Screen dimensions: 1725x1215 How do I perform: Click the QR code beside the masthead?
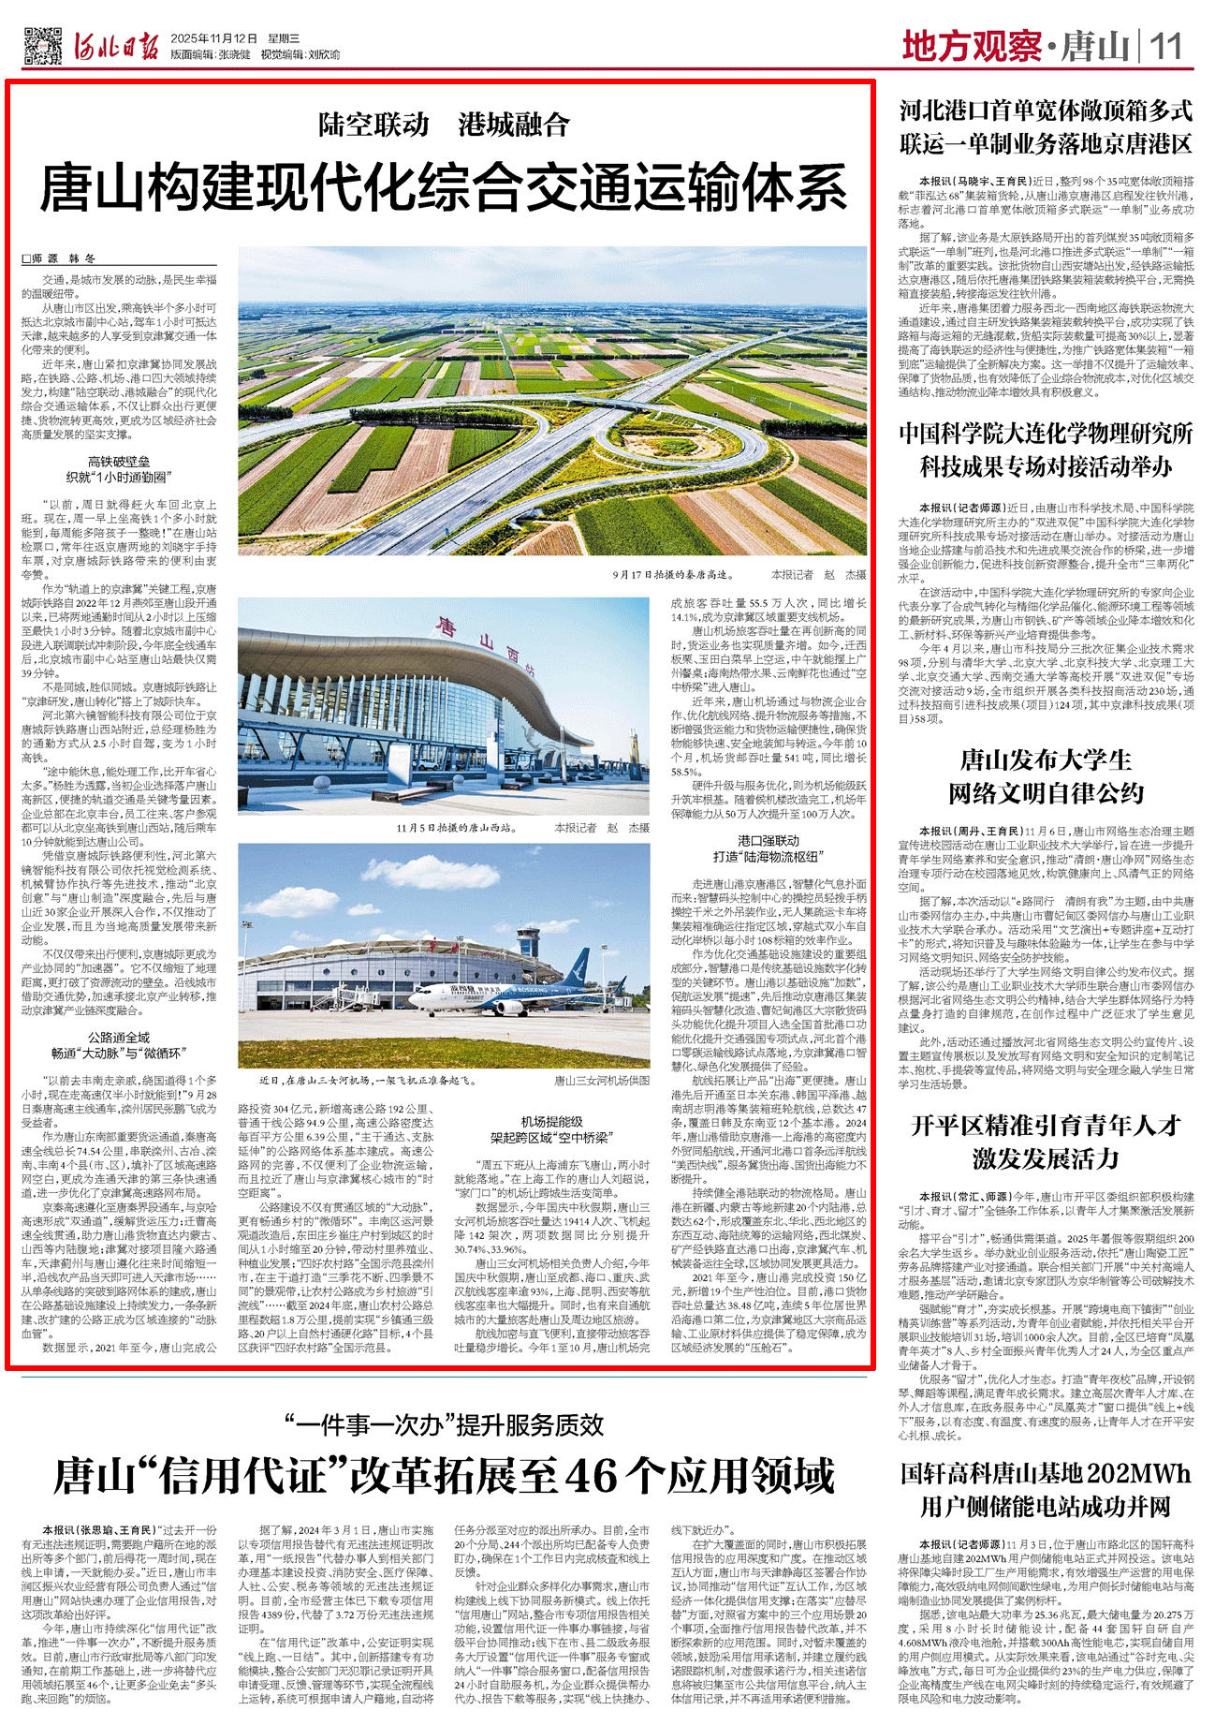[x=39, y=45]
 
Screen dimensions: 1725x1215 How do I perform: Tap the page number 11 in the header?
[x=1166, y=45]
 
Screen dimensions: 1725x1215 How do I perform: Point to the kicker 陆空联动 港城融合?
[x=443, y=125]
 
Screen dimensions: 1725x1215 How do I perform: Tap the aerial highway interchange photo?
[x=552, y=400]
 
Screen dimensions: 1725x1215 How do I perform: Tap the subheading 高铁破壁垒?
[x=119, y=462]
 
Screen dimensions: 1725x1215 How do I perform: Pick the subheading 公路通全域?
[x=119, y=1038]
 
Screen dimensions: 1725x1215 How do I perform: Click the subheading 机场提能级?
[x=551, y=1122]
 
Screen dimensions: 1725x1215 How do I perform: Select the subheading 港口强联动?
[x=769, y=840]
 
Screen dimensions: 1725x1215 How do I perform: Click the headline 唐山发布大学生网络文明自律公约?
[x=1046, y=776]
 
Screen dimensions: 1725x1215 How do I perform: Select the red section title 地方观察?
[x=971, y=46]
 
